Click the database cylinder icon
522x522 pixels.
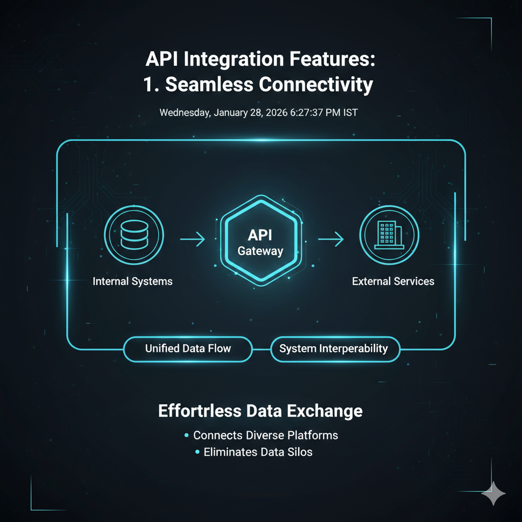pos(134,234)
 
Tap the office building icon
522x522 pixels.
pos(389,235)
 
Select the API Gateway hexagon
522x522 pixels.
pos(261,241)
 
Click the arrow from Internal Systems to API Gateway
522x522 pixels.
pos(192,239)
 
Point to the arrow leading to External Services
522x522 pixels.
pos(331,239)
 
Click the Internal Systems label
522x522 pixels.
pos(133,281)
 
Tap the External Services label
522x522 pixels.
pos(393,281)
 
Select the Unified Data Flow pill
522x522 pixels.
pos(188,349)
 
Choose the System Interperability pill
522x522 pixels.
pos(335,349)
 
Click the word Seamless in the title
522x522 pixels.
pos(209,84)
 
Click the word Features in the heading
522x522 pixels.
pos(332,59)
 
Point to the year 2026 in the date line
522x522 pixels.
pos(277,113)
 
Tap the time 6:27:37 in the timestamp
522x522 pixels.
pos(306,113)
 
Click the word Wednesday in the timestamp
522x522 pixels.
pos(185,113)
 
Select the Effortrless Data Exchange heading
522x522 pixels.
pos(260,411)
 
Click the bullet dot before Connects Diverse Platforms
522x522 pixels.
pos(187,435)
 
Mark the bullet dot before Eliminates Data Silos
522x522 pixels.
pos(197,452)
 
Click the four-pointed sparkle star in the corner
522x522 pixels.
pos(493,493)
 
